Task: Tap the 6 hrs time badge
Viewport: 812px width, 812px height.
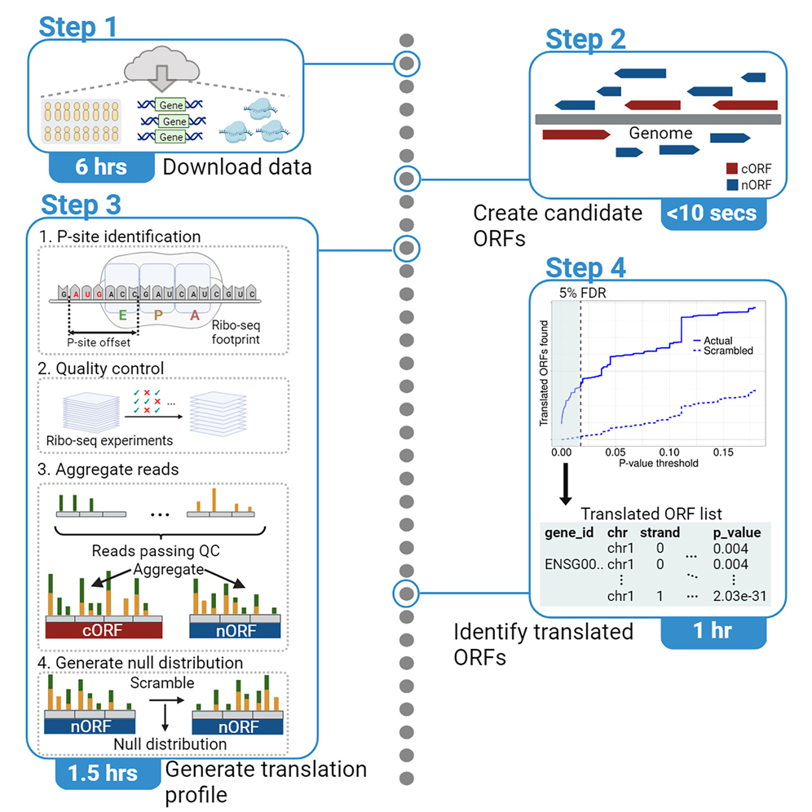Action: pos(101,167)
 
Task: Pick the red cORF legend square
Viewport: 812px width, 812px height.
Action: pos(731,169)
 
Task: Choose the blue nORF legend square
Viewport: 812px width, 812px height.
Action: pos(731,184)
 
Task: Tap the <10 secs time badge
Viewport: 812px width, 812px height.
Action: pos(712,214)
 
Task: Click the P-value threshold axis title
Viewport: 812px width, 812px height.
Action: pos(646,462)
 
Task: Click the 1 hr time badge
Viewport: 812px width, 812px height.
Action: pos(713,631)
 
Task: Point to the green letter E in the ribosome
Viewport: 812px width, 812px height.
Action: pos(121,315)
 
